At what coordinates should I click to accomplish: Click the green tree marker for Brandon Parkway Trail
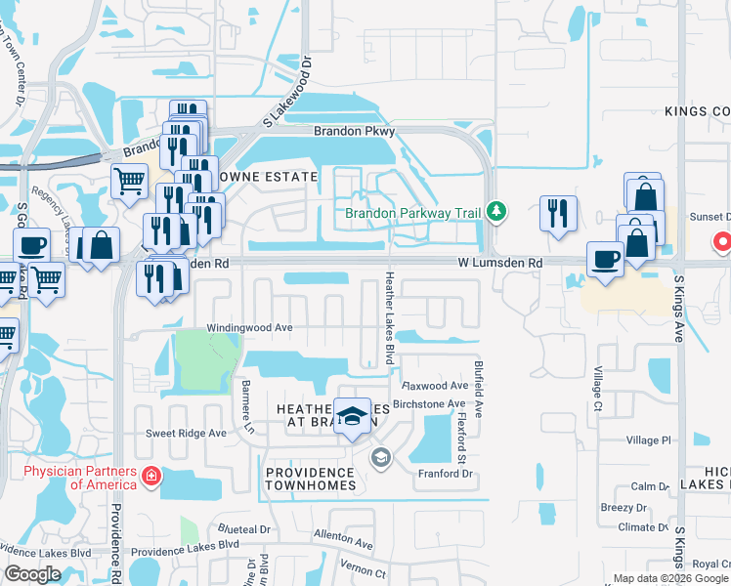coord(496,211)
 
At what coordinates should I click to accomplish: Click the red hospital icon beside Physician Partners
coord(151,477)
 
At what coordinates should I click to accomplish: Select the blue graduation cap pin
coord(352,417)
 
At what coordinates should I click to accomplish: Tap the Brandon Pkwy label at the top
coord(352,131)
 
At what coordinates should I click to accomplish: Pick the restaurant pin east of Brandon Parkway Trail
coord(557,213)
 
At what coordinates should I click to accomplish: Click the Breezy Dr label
coord(623,508)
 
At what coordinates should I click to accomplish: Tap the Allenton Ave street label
coord(343,539)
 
